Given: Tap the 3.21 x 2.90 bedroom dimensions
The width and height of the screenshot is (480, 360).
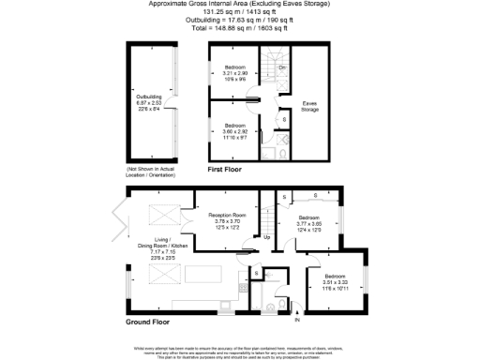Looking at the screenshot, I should pos(234,73).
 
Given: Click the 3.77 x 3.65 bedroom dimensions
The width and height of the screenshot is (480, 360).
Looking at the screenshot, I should pos(309,225).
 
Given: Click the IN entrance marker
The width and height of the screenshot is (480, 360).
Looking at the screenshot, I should pos(297,322).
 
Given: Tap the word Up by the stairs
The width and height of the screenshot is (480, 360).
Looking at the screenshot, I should pos(267,237).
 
